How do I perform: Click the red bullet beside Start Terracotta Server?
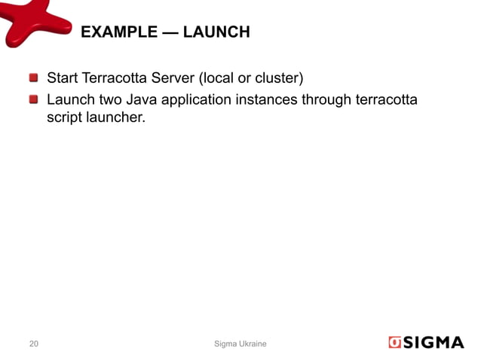click(x=34, y=78)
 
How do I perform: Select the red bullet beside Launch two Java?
click(x=34, y=99)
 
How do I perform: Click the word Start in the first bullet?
click(x=63, y=78)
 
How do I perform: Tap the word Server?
click(x=180, y=78)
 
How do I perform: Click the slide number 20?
click(x=34, y=344)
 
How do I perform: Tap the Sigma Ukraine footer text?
click(x=240, y=344)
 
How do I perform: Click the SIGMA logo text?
click(x=435, y=343)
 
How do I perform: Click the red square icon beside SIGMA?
click(x=394, y=343)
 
